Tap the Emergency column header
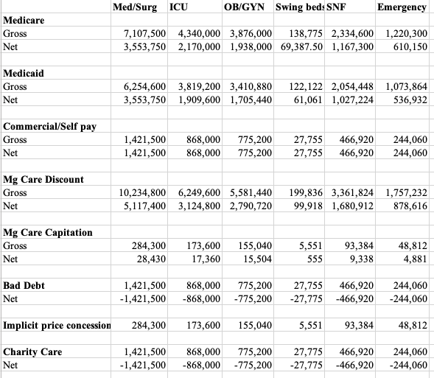(402, 7)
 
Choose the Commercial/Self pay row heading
(50, 127)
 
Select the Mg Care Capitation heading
(48, 233)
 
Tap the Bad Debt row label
(22, 286)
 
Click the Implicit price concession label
(57, 326)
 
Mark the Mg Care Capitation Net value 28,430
(150, 259)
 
